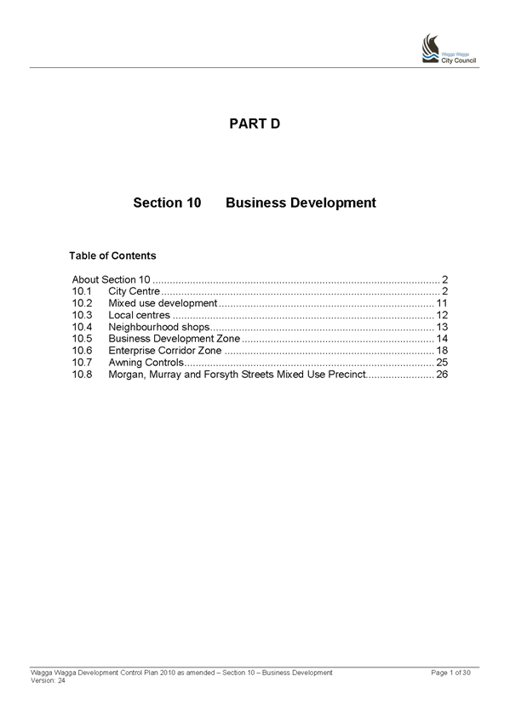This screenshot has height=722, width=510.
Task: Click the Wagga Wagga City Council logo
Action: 449,49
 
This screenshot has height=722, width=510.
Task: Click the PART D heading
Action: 255,123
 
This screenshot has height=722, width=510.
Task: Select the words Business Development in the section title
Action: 301,203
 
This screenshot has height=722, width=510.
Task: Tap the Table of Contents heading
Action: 112,255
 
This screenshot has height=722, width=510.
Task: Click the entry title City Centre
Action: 134,291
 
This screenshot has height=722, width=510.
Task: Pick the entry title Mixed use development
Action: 163,303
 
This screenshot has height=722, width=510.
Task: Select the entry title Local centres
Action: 139,315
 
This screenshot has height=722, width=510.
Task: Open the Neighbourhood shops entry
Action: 159,327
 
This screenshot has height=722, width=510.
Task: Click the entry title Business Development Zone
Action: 174,339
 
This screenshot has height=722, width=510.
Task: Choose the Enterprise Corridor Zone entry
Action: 165,351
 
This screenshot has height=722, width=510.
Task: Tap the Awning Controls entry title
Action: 146,363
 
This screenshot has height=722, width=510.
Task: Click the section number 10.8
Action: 82,375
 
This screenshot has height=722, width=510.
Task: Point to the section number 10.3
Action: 82,315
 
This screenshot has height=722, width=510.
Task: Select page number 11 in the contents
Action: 442,303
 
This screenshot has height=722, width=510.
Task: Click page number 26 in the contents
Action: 442,375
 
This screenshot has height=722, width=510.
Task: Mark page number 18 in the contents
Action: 442,351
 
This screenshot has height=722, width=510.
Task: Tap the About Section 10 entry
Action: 111,279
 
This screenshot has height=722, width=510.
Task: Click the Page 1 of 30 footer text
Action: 450,673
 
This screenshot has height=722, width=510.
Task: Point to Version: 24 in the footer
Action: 48,680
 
